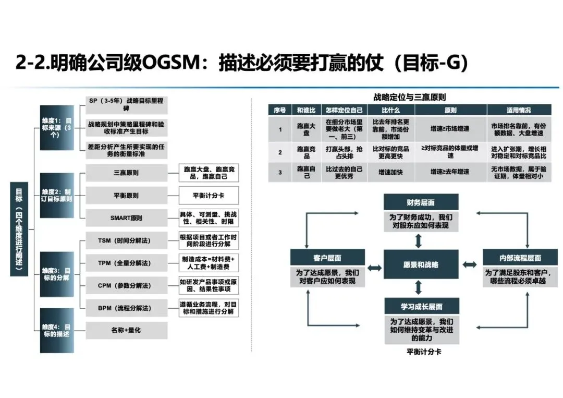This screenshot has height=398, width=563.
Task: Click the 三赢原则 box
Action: (126, 173)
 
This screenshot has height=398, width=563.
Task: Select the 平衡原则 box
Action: (126, 196)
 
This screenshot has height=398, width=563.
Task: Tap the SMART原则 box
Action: (126, 218)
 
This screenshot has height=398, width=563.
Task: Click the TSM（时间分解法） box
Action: (126, 240)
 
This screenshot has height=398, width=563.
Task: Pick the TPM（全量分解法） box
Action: (126, 263)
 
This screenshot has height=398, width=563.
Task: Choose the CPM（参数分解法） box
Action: (126, 285)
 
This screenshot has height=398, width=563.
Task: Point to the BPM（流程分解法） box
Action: (126, 308)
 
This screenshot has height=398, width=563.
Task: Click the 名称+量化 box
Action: (126, 330)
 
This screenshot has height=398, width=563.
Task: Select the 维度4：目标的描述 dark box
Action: (57, 330)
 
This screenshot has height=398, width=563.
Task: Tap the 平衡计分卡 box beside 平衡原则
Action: (209, 196)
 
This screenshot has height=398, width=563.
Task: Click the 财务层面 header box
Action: (421, 202)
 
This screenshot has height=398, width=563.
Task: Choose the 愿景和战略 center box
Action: (421, 265)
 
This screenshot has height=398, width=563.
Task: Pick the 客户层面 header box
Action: (327, 258)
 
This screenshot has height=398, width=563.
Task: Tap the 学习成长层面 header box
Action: (421, 306)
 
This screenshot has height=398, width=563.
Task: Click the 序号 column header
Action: (280, 110)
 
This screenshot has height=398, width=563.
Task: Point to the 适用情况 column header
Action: (519, 110)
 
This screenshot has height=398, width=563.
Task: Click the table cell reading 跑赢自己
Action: (307, 172)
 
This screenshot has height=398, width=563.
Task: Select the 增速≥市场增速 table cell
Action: (450, 128)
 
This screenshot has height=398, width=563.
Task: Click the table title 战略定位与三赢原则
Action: (410, 97)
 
